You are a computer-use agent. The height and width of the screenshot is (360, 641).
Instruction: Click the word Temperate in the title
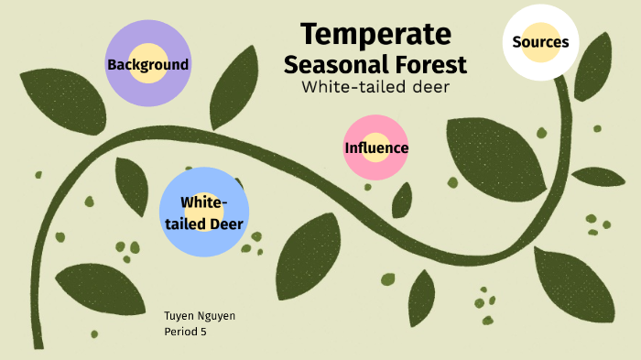(x=375, y=35)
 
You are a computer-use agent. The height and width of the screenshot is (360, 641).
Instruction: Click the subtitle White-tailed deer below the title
(x=375, y=87)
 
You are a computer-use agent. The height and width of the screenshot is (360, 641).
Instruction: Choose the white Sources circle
(x=540, y=41)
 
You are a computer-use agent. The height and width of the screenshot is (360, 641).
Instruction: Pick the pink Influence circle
(x=375, y=147)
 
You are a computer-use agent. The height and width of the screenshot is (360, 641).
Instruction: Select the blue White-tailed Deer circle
(x=204, y=212)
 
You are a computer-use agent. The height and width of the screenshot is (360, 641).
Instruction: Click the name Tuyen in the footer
(x=179, y=316)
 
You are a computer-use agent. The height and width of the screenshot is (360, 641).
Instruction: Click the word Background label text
(x=147, y=65)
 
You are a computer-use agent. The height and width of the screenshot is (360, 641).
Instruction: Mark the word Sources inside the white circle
(x=540, y=42)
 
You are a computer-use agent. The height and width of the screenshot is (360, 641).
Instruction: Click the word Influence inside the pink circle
(x=376, y=148)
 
